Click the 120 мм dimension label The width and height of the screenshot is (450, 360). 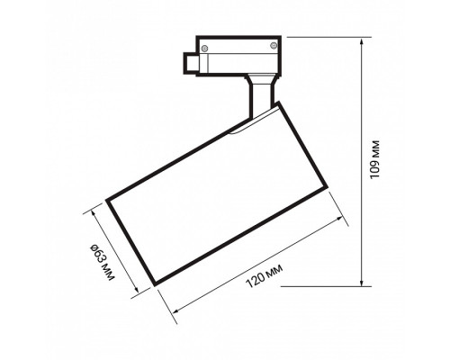coord(263,281)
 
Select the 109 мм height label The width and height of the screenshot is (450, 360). coord(376,163)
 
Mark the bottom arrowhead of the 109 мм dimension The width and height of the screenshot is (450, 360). coord(363,283)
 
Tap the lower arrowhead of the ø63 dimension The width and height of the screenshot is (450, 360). coord(137,292)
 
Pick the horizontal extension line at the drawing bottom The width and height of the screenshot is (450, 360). coord(324,287)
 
